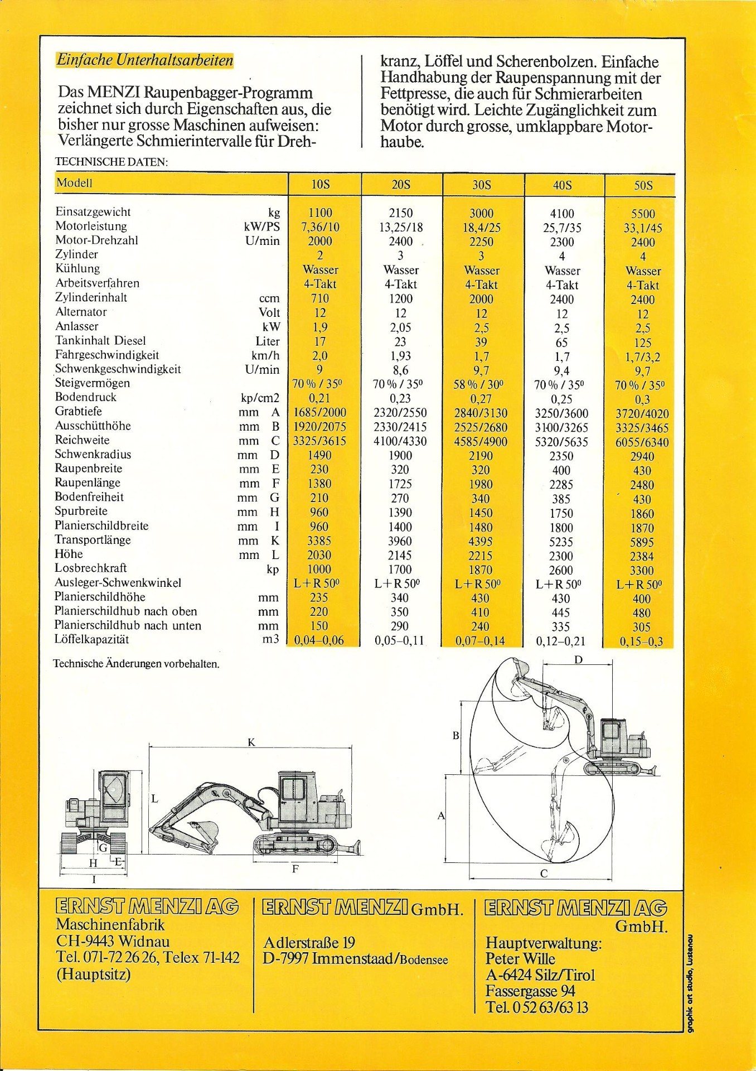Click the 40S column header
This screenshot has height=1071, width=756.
pos(562,185)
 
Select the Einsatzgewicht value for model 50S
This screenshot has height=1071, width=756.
pos(643,214)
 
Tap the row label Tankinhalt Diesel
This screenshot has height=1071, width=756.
pos(100,340)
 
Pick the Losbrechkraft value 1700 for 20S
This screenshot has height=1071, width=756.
pos(400,570)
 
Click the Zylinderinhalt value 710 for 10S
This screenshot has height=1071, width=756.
pos(320,298)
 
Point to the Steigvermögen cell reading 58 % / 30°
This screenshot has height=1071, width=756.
pos(481,384)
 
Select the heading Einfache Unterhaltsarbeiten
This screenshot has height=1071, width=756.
pos(145,60)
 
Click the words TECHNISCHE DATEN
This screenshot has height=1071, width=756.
pos(112,162)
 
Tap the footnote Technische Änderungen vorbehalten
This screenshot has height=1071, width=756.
pos(136,664)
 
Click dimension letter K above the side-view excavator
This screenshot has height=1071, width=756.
pos(251,742)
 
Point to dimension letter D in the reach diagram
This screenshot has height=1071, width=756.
pos(579,660)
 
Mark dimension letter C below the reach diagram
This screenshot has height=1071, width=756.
pos(544,874)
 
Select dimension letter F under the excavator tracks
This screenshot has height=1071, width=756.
pos(295,869)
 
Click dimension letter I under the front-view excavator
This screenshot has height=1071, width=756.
pos(94,880)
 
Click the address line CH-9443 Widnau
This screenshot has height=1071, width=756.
pos(113,941)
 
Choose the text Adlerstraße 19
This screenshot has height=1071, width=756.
pos(309,943)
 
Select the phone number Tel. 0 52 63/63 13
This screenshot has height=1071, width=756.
pos(537,1007)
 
